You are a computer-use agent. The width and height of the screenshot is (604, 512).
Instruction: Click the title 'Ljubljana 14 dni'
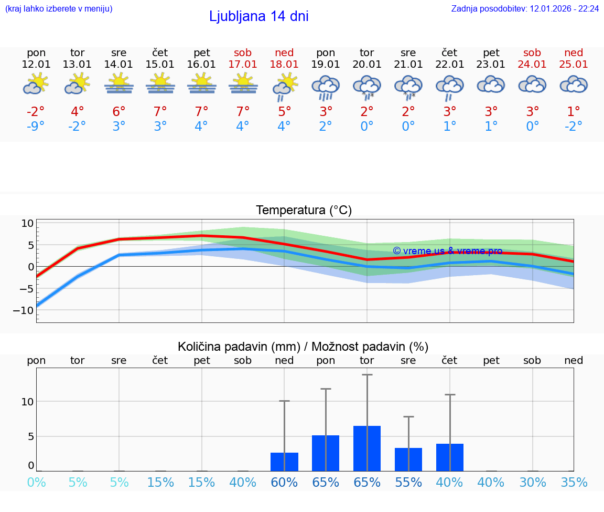(x=258, y=16)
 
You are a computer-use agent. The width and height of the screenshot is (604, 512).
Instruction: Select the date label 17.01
(x=243, y=65)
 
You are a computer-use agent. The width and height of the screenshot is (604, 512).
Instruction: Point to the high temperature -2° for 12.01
(x=36, y=112)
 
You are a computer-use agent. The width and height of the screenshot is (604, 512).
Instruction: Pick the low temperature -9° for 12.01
(x=36, y=127)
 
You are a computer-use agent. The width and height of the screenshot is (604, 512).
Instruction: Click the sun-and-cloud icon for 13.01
(x=78, y=84)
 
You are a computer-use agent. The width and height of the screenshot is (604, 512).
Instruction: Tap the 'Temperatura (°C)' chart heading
(x=304, y=211)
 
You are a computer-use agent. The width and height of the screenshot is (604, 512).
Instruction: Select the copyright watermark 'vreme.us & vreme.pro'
(x=447, y=251)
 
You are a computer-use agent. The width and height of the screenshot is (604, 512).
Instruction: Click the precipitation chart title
(x=303, y=347)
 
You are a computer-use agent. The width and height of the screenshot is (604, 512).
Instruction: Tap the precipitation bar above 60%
(x=284, y=462)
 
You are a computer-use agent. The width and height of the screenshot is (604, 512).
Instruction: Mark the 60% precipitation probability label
(x=284, y=483)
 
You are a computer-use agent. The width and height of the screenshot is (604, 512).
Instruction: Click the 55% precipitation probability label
(x=408, y=483)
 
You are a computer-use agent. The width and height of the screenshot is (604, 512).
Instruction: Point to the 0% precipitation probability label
(x=36, y=483)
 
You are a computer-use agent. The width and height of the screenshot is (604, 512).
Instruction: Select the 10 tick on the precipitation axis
(x=27, y=402)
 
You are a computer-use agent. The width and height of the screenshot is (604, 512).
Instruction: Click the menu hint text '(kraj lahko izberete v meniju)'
(x=59, y=9)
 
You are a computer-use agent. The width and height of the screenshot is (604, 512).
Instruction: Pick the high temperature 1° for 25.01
(x=574, y=112)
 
